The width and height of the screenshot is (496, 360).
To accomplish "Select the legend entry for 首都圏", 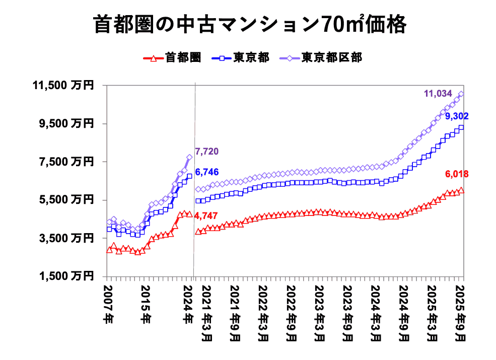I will click(173, 57).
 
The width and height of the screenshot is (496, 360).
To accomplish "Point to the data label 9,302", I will click(456, 116).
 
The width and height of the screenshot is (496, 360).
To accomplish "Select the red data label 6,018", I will click(456, 174).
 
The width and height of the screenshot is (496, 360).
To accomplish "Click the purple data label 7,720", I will click(206, 151).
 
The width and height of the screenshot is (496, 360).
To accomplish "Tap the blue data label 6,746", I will click(206, 172).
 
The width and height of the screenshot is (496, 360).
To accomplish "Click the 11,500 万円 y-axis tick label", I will click(63, 86).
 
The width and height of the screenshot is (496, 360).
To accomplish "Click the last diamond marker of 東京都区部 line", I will click(461, 94).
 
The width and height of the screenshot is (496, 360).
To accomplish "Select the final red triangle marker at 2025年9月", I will click(461, 190).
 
